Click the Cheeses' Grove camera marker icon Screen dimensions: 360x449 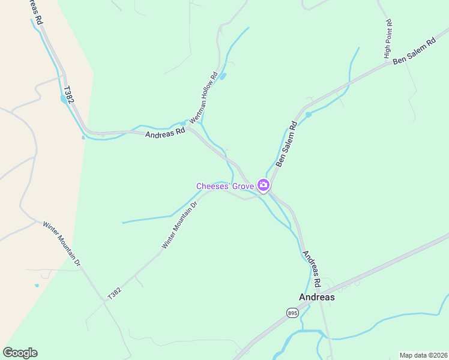point(263,185)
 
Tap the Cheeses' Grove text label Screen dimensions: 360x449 point(225,186)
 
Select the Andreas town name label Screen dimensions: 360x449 point(316,297)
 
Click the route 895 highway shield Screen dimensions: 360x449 point(292,313)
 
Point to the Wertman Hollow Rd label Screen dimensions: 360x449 point(203,98)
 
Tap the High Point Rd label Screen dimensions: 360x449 point(388,40)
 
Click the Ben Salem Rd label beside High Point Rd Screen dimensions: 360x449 point(414,53)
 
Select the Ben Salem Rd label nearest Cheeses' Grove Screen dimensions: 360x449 point(286,145)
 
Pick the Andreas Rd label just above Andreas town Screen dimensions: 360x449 point(312,268)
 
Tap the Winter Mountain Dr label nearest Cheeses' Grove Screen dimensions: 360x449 point(179,225)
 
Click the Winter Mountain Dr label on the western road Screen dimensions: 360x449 point(61,244)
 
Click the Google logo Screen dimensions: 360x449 point(20,353)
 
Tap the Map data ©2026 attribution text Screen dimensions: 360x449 point(423,355)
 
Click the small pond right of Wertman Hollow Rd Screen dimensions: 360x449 point(223,76)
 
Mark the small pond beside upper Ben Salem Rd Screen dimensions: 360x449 point(308,114)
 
